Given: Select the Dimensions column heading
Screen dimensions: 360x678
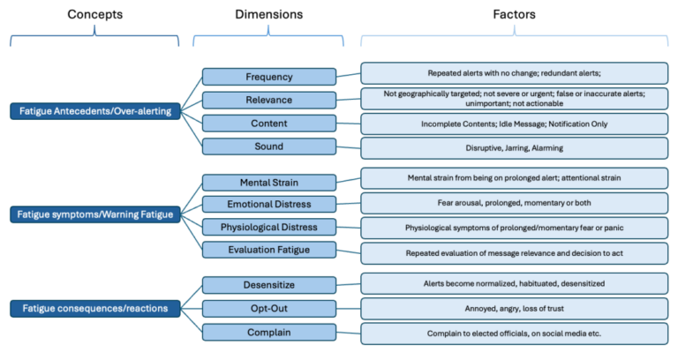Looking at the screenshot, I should [269, 15].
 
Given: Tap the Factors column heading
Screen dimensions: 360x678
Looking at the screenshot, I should [515, 15].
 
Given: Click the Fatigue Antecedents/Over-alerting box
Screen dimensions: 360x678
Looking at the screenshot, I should [94, 111].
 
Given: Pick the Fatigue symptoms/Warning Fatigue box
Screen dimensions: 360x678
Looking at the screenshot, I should [94, 214].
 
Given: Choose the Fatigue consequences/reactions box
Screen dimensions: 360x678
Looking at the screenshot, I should [94, 308].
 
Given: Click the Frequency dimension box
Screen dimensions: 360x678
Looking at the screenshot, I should [269, 77].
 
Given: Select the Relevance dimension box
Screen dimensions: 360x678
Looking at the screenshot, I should [269, 100].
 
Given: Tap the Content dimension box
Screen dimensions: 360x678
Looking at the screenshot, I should [269, 124].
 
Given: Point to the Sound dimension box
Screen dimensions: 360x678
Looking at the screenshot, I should [269, 146].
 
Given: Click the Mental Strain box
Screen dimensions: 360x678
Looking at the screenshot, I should [269, 183].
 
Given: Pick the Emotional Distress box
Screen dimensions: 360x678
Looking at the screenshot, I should [269, 205].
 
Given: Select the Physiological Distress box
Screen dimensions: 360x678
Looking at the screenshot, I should [269, 228].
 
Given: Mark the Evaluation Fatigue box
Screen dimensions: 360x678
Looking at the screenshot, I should [269, 251].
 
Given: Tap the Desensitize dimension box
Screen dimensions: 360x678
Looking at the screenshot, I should [269, 285].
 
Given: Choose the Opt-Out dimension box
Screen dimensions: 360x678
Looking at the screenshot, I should [269, 308].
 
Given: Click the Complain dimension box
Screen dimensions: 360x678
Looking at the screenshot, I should [269, 332].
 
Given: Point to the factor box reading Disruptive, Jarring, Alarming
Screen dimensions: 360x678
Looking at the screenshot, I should [515, 147].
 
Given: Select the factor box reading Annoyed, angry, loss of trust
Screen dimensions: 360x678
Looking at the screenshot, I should [515, 309].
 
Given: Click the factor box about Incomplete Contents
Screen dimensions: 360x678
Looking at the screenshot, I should [515, 124].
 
